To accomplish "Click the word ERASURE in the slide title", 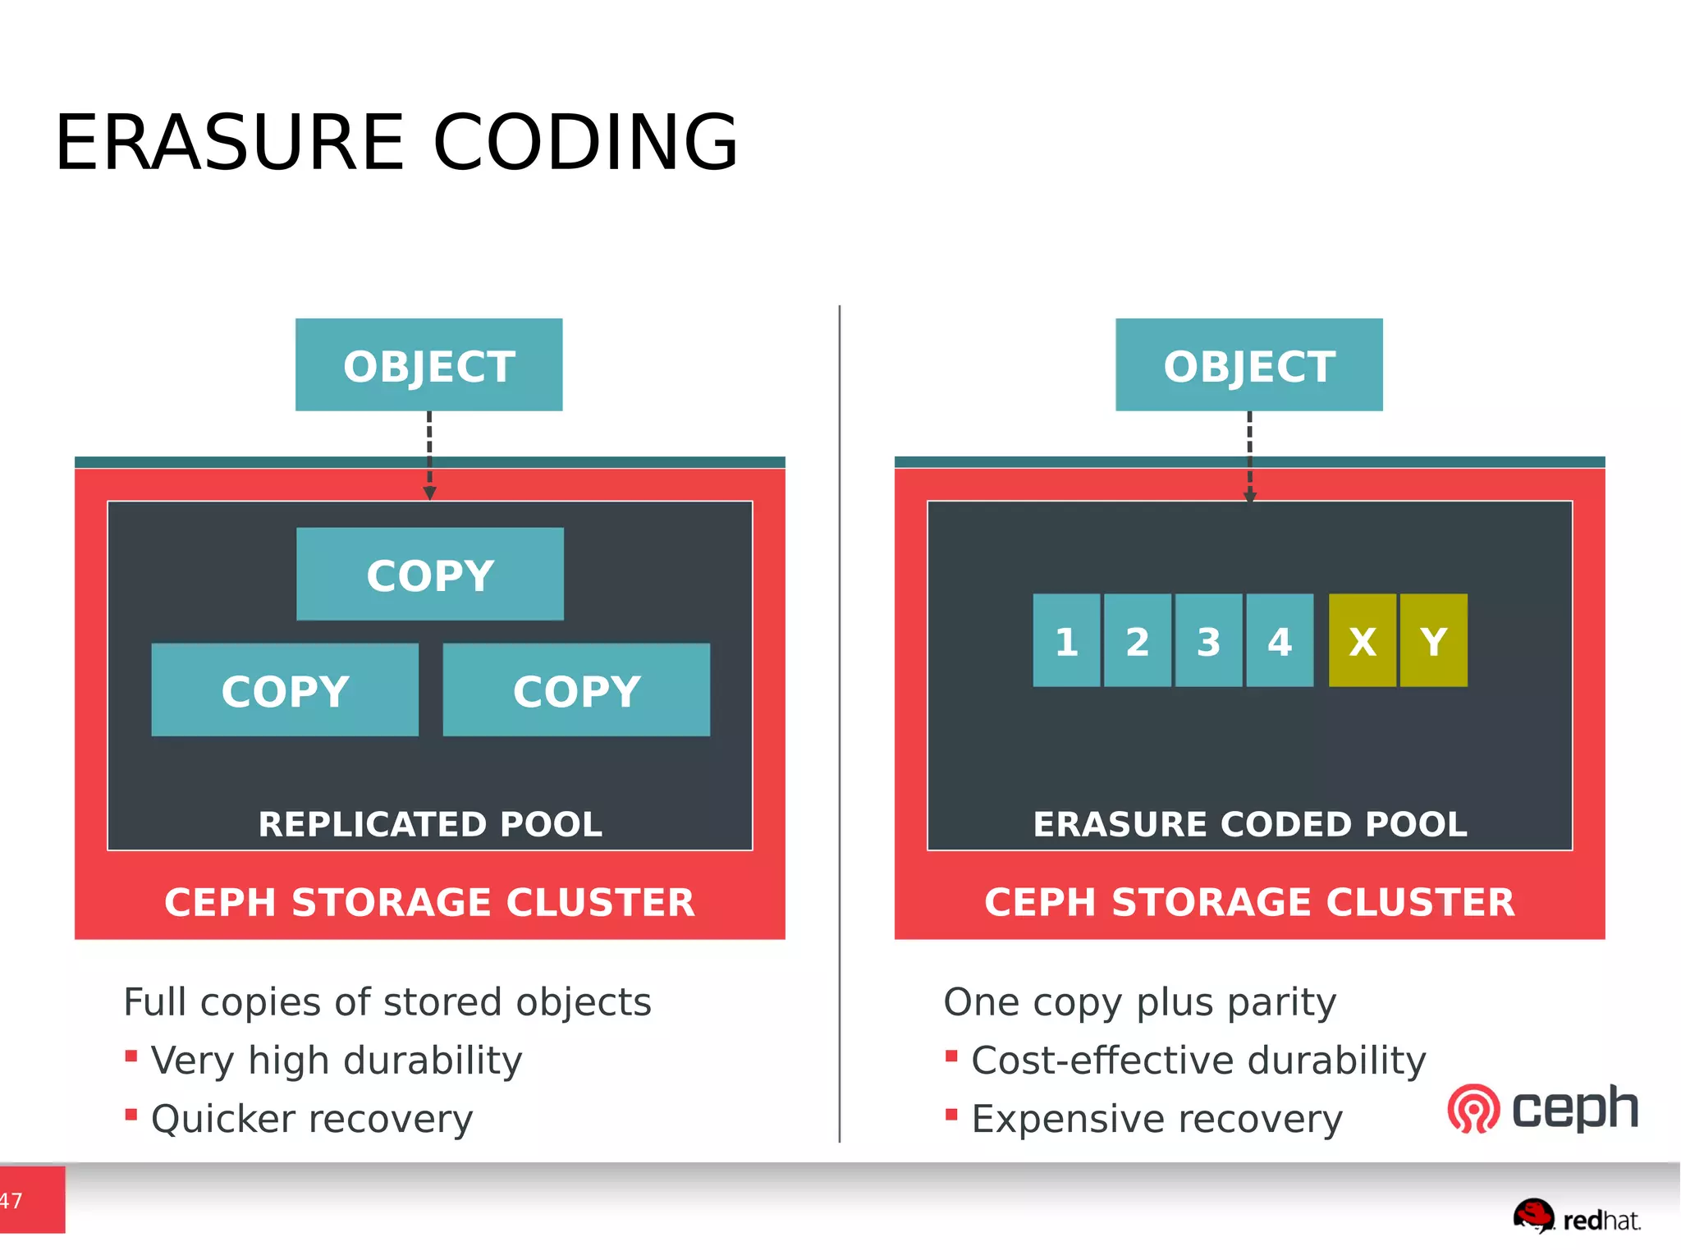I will click(230, 143).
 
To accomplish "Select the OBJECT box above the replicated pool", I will click(428, 365).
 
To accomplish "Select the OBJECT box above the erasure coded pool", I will click(1248, 365).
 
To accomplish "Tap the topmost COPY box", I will click(429, 574).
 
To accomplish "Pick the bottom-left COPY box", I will click(285, 690).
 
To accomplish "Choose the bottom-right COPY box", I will click(576, 690).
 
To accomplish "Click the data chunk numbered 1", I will click(1066, 640).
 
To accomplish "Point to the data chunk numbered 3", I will click(1208, 640).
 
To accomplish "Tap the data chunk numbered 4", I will click(1280, 640).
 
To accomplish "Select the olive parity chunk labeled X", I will click(1362, 640).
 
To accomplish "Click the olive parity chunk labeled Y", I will click(1434, 640).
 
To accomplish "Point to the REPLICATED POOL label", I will click(430, 824).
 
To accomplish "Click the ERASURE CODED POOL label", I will click(1249, 824).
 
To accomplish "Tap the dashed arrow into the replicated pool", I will click(429, 456).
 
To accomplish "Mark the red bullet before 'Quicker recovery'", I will click(131, 1114).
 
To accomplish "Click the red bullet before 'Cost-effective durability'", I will click(951, 1056).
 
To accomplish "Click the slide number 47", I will click(11, 1201).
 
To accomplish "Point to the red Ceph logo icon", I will click(1473, 1110).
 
